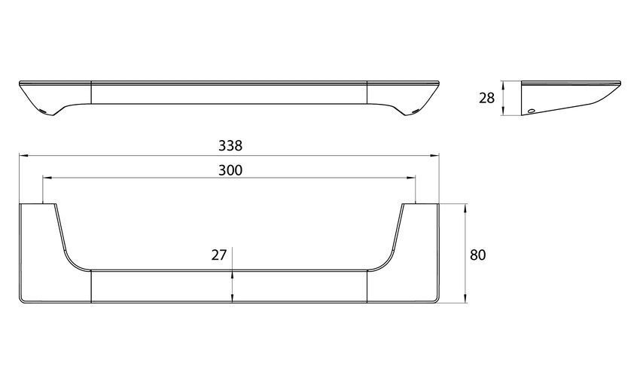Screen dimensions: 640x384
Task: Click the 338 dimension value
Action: click(x=230, y=145)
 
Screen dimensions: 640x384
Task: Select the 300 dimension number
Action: click(x=230, y=170)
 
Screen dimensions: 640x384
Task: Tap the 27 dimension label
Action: click(x=219, y=255)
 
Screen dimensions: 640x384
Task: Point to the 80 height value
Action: click(x=478, y=255)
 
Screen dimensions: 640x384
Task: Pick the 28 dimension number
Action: click(x=486, y=99)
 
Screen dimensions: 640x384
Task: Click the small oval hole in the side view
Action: click(x=531, y=111)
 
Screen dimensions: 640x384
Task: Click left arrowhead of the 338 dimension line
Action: click(x=23, y=155)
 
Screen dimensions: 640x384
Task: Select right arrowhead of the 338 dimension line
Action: click(x=434, y=155)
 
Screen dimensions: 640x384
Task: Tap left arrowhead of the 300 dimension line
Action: click(x=47, y=178)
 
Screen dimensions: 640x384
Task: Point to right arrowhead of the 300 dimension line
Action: click(x=411, y=178)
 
